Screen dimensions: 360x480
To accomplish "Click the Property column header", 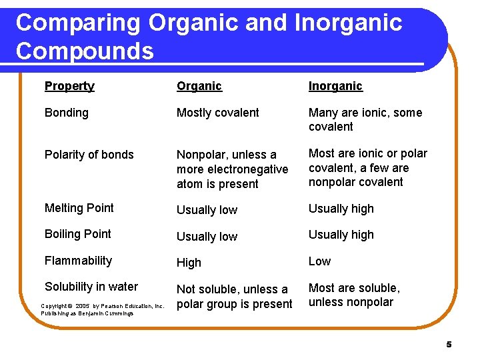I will (69, 86).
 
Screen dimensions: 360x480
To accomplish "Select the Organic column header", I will (199, 86).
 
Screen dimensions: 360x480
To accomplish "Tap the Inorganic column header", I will (335, 86).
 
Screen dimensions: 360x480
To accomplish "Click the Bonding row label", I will (66, 113).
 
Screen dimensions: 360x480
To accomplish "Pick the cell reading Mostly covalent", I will (217, 113).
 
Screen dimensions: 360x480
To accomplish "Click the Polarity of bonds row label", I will (89, 155).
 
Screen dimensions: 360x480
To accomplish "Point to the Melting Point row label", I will (79, 208).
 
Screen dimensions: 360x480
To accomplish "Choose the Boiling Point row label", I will (77, 234).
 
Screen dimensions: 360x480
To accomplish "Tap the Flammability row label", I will (78, 261).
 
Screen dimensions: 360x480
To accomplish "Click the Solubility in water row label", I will (91, 287).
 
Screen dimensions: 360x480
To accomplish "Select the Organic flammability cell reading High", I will (189, 263).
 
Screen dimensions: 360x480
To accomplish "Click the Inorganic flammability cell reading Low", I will (319, 261).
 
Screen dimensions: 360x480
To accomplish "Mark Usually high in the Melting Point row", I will (341, 209).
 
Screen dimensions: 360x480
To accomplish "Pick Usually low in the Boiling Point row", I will (207, 237).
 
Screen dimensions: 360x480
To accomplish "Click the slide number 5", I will (449, 345).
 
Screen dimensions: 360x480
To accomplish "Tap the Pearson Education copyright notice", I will (102, 309).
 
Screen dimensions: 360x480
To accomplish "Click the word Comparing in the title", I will (78, 23).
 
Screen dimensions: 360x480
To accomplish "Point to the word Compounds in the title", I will (85, 51).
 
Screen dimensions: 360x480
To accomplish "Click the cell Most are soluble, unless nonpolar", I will (353, 295).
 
